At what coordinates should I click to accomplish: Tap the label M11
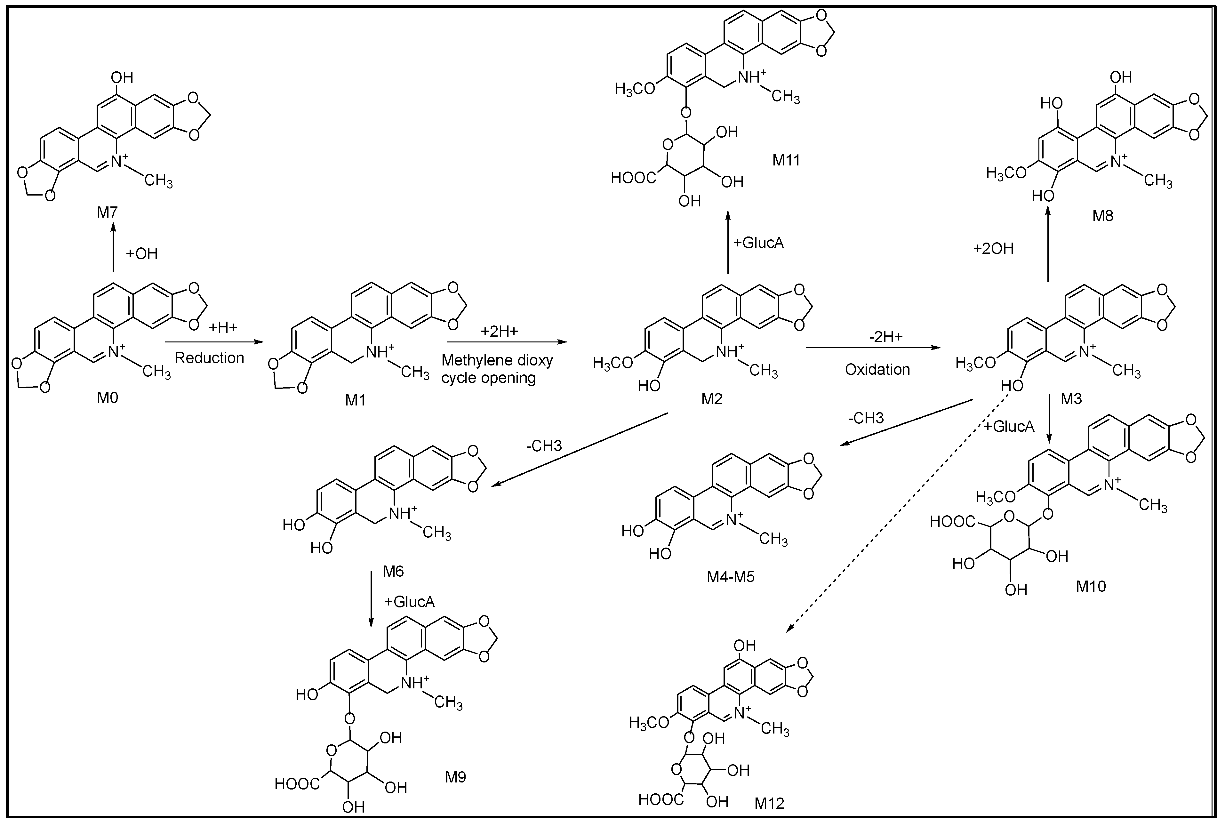[x=786, y=160]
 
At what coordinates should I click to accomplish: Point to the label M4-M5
[x=731, y=577]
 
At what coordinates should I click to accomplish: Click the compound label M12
[x=769, y=803]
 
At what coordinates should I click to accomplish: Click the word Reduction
[x=209, y=358]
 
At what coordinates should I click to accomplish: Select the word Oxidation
[x=877, y=369]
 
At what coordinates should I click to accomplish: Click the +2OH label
[x=993, y=248]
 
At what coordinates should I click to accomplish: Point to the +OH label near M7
[x=141, y=253]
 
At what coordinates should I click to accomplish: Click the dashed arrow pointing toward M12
[x=895, y=514]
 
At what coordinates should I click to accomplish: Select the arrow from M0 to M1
[x=213, y=342]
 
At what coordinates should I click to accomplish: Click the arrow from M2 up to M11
[x=727, y=242]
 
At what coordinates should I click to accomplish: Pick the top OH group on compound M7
[x=122, y=77]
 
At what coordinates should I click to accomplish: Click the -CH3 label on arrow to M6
[x=543, y=446]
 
